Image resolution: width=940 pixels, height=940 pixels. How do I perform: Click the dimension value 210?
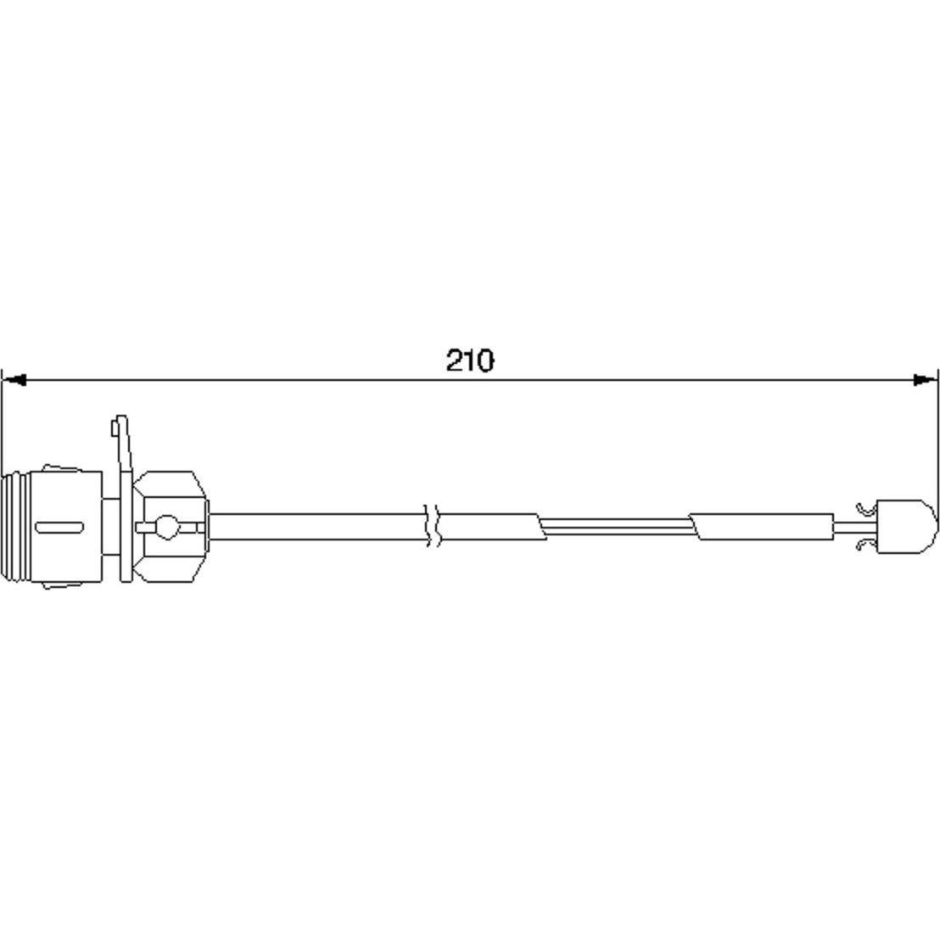[470, 361]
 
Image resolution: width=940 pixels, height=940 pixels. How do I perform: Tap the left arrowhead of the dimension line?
[14, 379]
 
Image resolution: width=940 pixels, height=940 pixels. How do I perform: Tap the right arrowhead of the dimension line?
[925, 379]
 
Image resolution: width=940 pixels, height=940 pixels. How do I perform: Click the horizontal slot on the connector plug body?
[59, 528]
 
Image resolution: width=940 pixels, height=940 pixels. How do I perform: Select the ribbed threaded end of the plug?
[15, 528]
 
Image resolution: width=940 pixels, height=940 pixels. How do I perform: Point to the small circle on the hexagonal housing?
[166, 527]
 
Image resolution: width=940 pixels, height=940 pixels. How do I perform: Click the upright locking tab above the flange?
[121, 444]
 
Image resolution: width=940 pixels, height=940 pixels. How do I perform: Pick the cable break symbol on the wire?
[434, 525]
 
